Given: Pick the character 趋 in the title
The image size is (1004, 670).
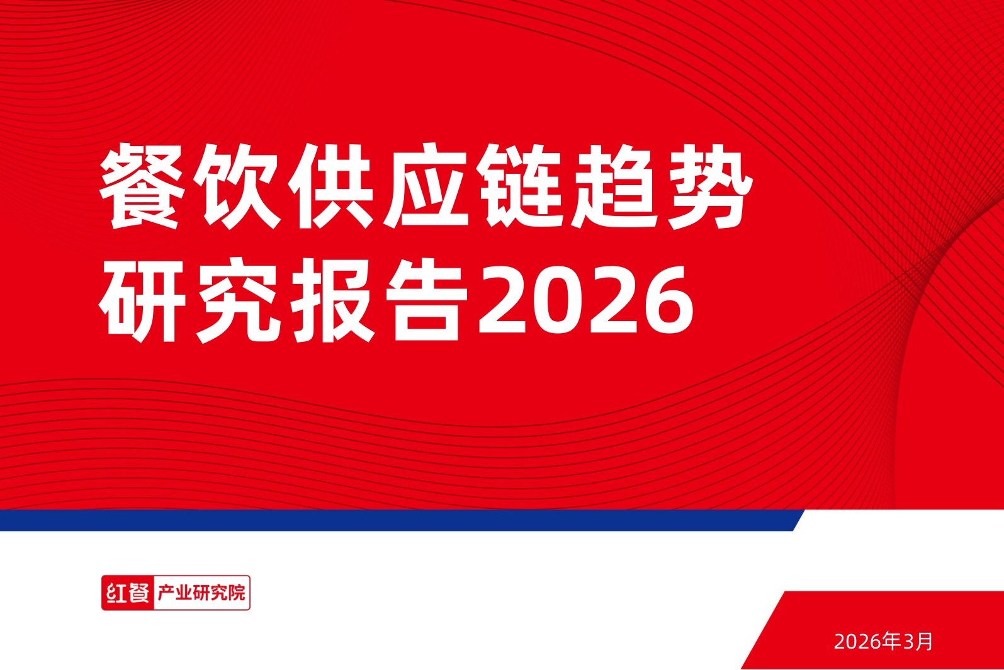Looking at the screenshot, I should [x=616, y=186].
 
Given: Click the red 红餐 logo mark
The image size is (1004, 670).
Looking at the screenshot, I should [x=128, y=593].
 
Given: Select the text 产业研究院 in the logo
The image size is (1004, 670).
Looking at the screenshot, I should [x=201, y=593].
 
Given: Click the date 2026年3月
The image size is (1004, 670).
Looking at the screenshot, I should [x=883, y=641].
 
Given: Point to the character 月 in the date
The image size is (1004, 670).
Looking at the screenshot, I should [x=925, y=641].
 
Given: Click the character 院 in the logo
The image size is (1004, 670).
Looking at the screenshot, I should [x=237, y=593].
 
